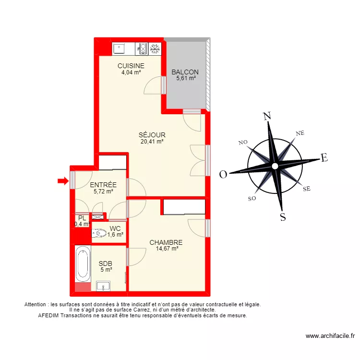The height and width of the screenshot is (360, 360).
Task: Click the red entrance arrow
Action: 62,180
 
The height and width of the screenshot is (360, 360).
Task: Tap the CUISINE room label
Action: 131,66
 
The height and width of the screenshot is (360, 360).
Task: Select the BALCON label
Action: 185,72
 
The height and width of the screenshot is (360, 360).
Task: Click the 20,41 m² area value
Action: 152,142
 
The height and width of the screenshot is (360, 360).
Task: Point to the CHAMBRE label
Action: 166,242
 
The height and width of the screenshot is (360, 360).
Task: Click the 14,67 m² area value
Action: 167,249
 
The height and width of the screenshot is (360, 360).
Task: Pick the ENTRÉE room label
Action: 103,184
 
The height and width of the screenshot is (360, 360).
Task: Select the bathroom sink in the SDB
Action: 103,287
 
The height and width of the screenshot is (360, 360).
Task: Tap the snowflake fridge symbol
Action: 155,48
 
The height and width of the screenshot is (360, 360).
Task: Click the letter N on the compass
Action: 267,116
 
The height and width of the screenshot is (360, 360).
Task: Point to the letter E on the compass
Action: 324,158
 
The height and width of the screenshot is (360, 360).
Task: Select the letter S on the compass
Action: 283,217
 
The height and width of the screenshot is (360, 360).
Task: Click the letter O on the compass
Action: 223,175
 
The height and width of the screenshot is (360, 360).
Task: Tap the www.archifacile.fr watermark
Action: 330,336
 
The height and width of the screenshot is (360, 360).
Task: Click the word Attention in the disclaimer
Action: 38,304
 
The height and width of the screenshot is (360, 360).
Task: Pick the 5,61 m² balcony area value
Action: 185,79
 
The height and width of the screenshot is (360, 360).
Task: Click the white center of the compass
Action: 275,166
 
